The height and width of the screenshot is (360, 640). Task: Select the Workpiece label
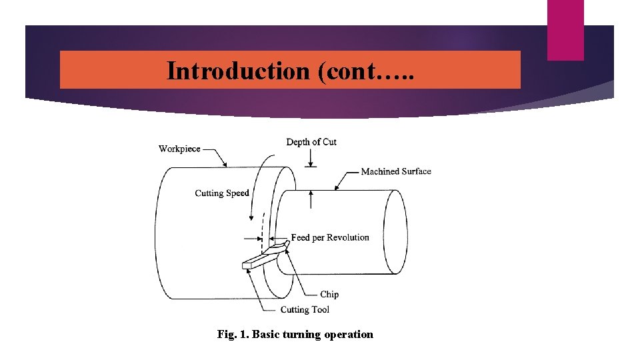coord(179,149)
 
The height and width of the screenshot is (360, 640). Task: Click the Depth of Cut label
coord(311,142)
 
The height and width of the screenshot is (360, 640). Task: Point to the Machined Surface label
coord(396,171)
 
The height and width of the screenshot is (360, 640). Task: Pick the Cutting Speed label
coord(222,193)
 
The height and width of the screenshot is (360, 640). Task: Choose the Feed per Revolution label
coord(330,237)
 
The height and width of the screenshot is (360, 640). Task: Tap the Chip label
coord(329,294)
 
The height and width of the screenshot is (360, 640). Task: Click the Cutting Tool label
coord(305,309)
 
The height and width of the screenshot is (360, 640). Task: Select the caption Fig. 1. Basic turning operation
coord(295,334)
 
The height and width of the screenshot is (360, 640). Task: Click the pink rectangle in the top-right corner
coord(565,30)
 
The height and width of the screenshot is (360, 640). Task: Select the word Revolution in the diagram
coord(348,237)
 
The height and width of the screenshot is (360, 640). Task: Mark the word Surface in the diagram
coord(416,171)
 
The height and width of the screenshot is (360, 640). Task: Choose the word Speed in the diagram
coord(237,193)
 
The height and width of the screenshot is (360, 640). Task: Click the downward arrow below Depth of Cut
coord(311,158)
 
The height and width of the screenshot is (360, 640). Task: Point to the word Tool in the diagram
coord(320,309)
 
